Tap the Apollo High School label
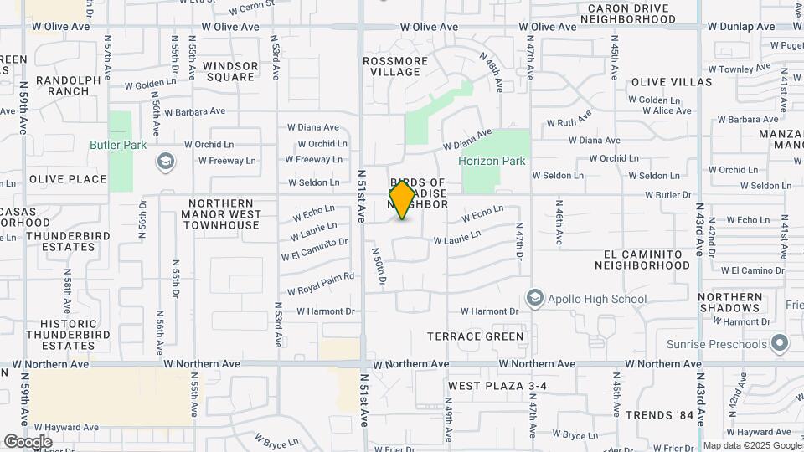pos(596,299)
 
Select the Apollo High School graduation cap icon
pos(534,298)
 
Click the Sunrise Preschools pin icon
pos(781,343)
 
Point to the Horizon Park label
pos(492,161)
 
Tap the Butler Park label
pos(118,145)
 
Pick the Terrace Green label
pos(476,336)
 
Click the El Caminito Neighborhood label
pos(642,259)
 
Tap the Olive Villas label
pos(672,82)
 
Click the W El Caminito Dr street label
pos(314,249)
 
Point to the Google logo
pos(28,441)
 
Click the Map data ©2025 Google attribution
pos(751,445)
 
